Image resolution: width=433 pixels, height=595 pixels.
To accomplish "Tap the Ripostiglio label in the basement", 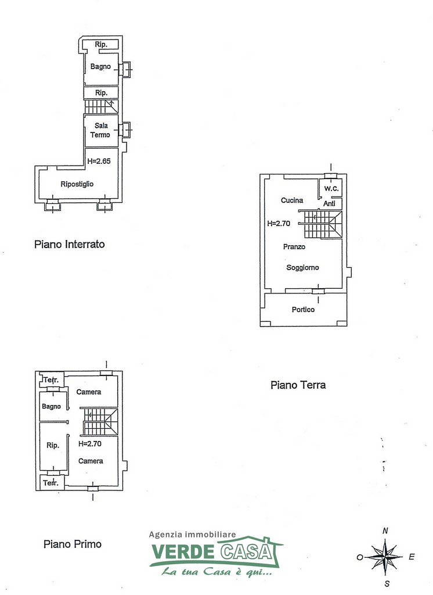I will click(x=77, y=184).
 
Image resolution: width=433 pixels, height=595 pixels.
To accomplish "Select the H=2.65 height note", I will click(x=99, y=162).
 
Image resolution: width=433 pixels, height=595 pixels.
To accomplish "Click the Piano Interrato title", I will click(x=70, y=244).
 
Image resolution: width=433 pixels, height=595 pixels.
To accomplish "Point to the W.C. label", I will click(x=331, y=188).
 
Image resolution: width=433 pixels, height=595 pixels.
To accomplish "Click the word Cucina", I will click(x=292, y=200).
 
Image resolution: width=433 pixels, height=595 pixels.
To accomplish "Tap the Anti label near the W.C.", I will click(x=329, y=203).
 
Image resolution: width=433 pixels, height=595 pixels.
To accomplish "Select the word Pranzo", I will click(x=294, y=246).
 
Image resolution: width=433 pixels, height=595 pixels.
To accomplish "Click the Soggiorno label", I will click(x=302, y=267).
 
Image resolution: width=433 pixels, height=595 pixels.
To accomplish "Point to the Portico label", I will click(x=303, y=310).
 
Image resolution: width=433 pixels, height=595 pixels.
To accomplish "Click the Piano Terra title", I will click(x=298, y=385).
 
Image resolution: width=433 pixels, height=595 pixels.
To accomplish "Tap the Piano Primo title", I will click(x=73, y=544).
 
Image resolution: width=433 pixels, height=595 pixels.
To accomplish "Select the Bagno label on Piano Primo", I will click(x=51, y=407).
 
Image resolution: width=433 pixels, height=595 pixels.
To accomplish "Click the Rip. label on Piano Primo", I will click(x=52, y=446).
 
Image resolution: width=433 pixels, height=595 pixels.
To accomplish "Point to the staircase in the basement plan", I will click(x=102, y=107).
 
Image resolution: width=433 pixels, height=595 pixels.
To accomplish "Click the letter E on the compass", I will click(x=412, y=557).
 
